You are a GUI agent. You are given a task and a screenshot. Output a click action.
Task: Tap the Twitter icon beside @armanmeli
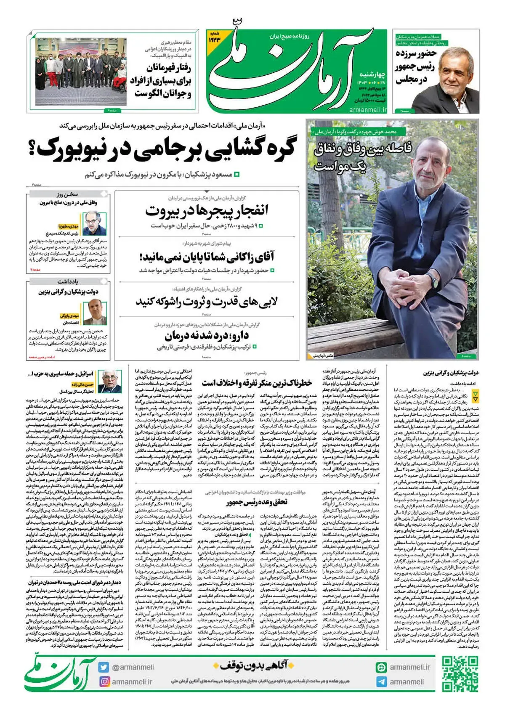pos(104,667)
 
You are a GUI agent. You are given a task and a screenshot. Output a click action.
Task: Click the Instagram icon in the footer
pos(104,681)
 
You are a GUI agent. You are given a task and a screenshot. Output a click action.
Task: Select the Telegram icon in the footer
pos(381,682)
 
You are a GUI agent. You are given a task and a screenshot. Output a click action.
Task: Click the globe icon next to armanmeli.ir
pos(381,667)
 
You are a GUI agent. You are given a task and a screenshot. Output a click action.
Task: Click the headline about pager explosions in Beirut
pos(207,211)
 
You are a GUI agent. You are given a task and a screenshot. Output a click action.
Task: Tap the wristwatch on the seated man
pos(433,278)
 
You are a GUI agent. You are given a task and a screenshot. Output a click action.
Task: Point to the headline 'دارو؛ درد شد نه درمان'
pos(207,336)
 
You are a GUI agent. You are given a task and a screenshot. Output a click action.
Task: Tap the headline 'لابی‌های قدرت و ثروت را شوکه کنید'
pos(207,302)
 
